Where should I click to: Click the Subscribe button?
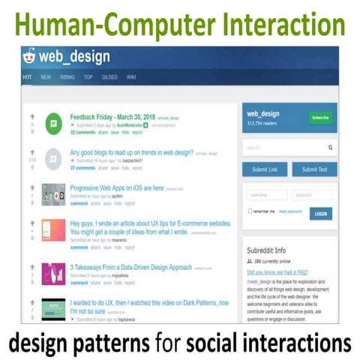[x=320, y=118]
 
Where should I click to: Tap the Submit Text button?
[x=314, y=169]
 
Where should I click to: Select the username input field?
[x=266, y=195]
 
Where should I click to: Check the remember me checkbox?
[x=250, y=211]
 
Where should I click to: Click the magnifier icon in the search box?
[x=331, y=148]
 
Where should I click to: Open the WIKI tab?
[x=131, y=76]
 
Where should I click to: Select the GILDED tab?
[x=110, y=76]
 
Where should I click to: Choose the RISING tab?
[x=67, y=76]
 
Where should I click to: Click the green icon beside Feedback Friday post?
[x=53, y=123]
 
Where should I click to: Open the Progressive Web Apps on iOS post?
[x=116, y=187]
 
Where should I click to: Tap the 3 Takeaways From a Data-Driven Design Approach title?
[x=131, y=266]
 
